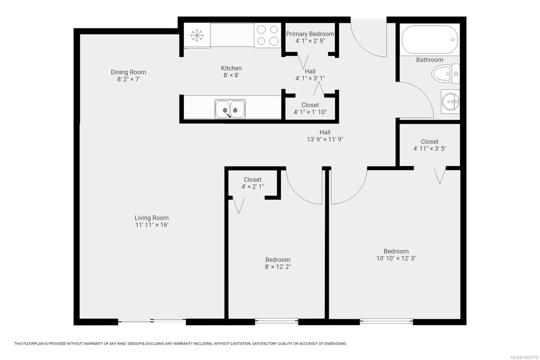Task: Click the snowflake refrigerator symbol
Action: click(197, 35)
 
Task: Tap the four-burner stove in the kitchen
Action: click(267, 35)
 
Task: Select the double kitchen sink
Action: click(230, 109)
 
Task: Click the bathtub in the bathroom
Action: click(429, 40)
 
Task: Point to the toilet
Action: click(445, 74)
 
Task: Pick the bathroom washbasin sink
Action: click(450, 101)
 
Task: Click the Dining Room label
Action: click(128, 72)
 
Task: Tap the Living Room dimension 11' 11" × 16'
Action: click(152, 225)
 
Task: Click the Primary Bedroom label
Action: click(310, 34)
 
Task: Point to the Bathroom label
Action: click(429, 60)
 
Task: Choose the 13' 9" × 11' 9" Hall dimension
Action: click(325, 139)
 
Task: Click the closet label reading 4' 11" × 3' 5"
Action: click(429, 149)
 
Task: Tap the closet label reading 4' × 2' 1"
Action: click(252, 186)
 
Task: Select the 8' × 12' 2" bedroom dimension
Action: click(277, 267)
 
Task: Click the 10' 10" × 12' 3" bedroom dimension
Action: click(396, 258)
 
